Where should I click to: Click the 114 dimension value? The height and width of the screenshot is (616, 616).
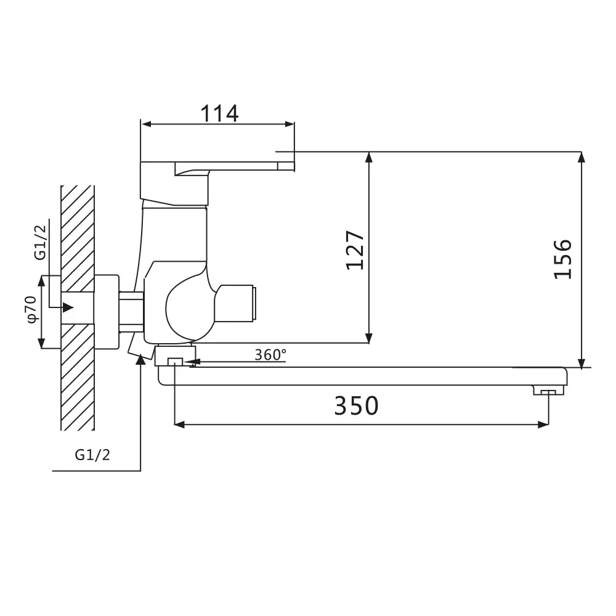pos(219,113)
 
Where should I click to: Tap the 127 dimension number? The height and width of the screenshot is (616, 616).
pos(355,250)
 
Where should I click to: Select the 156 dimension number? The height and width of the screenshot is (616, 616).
pos(562,259)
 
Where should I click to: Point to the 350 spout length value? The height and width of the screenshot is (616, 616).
pos(356,405)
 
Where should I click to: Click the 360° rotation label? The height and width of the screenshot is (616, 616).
pos(270,355)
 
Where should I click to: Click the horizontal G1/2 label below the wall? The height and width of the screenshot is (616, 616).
pos(92,455)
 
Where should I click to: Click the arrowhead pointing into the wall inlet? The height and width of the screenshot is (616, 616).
pos(68,307)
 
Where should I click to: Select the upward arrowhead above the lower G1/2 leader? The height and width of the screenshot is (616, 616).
pos(140,359)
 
